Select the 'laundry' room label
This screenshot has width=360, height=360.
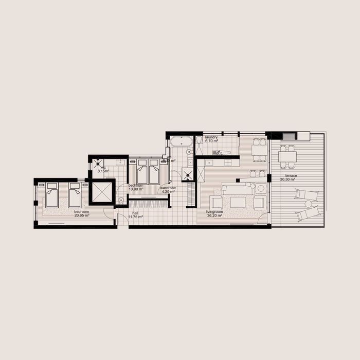click(211, 138)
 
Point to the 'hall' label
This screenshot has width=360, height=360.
click(135, 213)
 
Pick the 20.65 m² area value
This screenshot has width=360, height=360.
click(82, 215)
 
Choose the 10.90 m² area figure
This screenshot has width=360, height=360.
click(136, 189)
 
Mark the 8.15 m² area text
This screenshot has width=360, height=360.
click(103, 171)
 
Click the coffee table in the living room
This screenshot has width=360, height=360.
click(238, 203)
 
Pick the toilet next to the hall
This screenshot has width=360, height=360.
click(120, 201)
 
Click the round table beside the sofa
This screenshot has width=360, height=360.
click(260, 189)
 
